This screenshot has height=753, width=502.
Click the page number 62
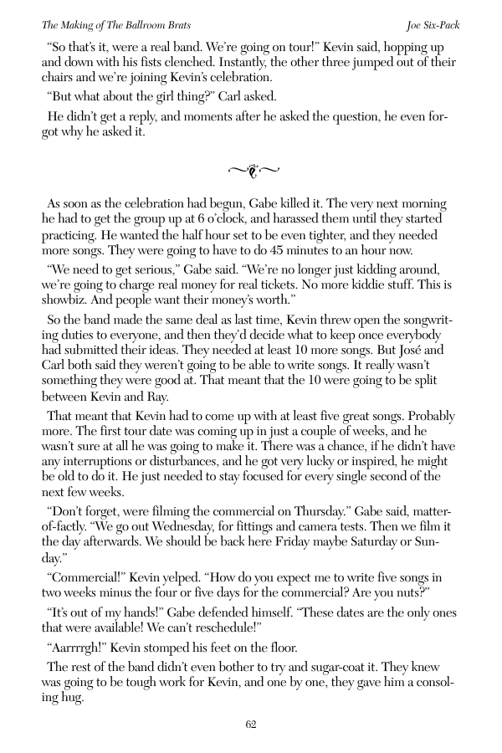tap(251, 725)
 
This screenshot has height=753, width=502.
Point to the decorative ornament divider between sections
tap(251, 171)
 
